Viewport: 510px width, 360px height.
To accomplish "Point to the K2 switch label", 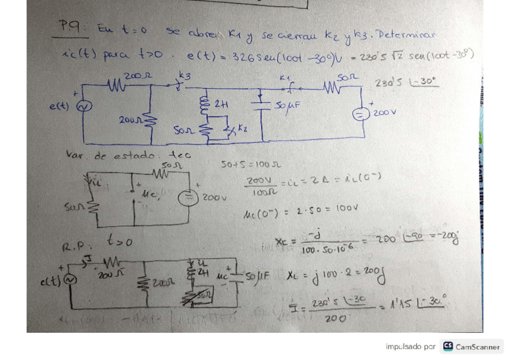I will click(x=242, y=128).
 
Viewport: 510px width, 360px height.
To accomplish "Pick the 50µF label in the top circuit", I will click(x=285, y=106).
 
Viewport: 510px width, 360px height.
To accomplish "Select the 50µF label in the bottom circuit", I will click(x=259, y=278).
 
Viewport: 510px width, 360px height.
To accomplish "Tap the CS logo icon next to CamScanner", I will click(x=447, y=346).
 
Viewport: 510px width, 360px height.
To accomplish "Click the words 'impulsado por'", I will click(x=410, y=347).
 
